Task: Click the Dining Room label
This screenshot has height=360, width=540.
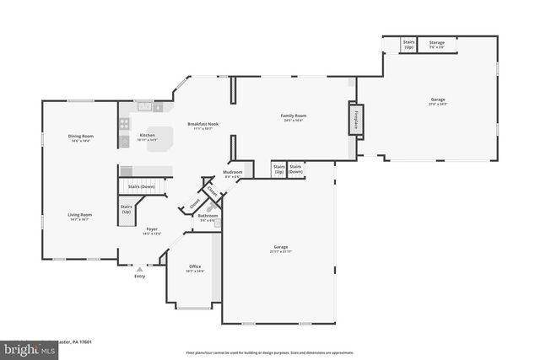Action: click(x=81, y=137)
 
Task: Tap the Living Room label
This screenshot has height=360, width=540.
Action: click(x=80, y=216)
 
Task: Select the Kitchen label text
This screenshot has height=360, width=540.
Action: click(x=147, y=136)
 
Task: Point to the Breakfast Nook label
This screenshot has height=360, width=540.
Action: click(x=202, y=126)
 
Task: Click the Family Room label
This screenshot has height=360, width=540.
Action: click(x=293, y=117)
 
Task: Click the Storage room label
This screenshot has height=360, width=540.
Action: click(x=436, y=44)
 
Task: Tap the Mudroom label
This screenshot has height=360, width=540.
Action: click(x=233, y=174)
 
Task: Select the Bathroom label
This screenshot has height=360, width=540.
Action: click(x=208, y=217)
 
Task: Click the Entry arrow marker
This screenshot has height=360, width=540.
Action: click(x=140, y=268)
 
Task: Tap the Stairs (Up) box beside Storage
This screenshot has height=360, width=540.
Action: click(x=409, y=43)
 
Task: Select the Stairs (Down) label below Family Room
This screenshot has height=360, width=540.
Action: click(x=296, y=169)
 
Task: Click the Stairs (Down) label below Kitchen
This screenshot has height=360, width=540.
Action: click(x=141, y=186)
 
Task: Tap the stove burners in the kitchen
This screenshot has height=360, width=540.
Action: click(x=125, y=123)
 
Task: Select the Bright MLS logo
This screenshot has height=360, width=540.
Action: click(x=26, y=347)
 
